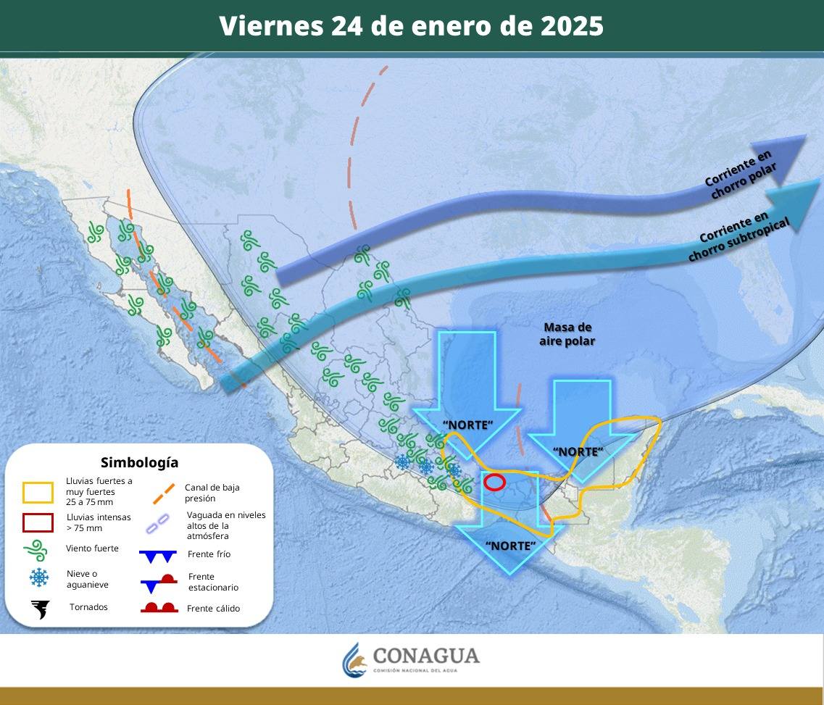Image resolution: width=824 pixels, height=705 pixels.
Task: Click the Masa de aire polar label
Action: [567, 334]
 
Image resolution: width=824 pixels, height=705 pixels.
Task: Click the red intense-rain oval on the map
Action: [494, 482]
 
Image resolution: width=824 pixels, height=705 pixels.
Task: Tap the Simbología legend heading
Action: [139, 462]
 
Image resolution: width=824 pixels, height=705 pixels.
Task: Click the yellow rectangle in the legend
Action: [38, 493]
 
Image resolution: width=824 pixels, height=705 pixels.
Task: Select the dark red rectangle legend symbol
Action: [38, 522]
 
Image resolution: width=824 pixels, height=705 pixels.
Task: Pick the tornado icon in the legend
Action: [39, 609]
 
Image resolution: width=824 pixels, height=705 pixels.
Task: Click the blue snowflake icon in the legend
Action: [39, 577]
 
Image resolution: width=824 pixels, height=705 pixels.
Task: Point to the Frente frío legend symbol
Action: [158, 556]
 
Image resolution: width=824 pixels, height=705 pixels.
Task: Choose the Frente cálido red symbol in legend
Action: [159, 608]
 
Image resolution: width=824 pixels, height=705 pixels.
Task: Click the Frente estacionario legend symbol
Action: [159, 582]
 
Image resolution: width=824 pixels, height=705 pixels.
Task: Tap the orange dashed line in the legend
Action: [164, 493]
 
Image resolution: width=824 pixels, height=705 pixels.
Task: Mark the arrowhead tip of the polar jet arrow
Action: [807, 138]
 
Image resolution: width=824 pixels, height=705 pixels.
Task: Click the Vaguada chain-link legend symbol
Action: [157, 523]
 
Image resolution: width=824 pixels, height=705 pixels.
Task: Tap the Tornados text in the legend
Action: [88, 606]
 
